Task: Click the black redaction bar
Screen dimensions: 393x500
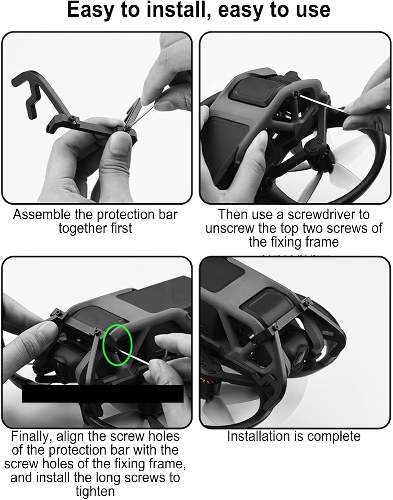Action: tap(103, 394)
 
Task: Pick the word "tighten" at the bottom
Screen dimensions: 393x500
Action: tap(95, 492)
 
